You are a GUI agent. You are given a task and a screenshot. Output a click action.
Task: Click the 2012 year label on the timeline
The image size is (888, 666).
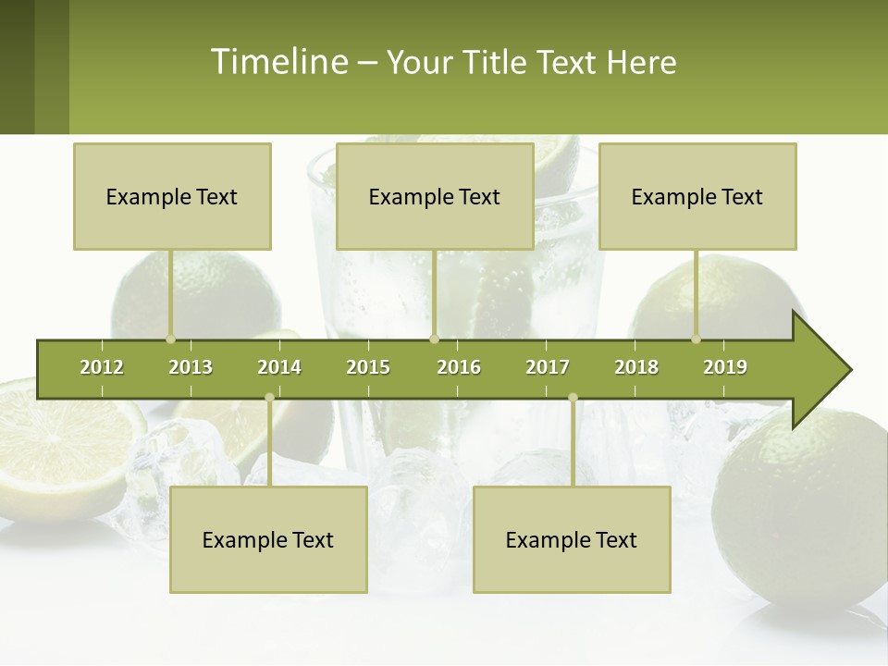[x=102, y=367]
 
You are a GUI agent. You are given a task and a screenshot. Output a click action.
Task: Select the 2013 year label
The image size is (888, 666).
[x=191, y=367]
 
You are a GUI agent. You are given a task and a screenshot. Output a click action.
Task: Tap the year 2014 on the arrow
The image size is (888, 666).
[x=279, y=367]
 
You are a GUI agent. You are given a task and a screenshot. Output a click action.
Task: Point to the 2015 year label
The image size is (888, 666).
[x=368, y=367]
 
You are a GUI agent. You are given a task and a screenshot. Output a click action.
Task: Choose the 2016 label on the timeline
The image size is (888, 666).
[x=459, y=367]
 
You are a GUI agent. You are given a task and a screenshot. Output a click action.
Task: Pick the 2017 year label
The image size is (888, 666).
[x=548, y=367]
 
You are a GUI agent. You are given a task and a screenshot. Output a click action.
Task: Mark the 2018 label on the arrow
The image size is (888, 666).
[x=636, y=367]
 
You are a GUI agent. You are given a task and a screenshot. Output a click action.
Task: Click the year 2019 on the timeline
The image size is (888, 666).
[x=725, y=367]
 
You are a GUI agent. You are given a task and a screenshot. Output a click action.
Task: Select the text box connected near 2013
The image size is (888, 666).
[x=172, y=196]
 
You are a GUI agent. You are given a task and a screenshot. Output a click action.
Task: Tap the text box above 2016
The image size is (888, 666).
[x=435, y=196]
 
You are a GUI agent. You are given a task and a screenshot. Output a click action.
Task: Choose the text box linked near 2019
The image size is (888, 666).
[x=697, y=196]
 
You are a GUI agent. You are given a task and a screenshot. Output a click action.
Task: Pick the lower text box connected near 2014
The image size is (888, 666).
[x=268, y=539]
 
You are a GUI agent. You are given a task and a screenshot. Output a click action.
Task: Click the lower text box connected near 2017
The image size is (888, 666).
[x=572, y=539]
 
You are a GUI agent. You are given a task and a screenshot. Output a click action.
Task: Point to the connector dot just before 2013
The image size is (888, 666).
[x=170, y=339]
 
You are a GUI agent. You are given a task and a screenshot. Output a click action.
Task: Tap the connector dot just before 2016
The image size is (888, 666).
[x=434, y=339]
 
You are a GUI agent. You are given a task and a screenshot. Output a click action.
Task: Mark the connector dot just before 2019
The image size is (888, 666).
[x=696, y=339]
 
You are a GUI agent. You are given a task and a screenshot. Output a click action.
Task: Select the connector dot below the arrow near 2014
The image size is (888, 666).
[x=269, y=398]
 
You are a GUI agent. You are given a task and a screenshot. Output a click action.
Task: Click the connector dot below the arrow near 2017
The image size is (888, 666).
[x=573, y=398]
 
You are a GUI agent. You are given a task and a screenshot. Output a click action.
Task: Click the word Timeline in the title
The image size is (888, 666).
[x=277, y=62]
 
